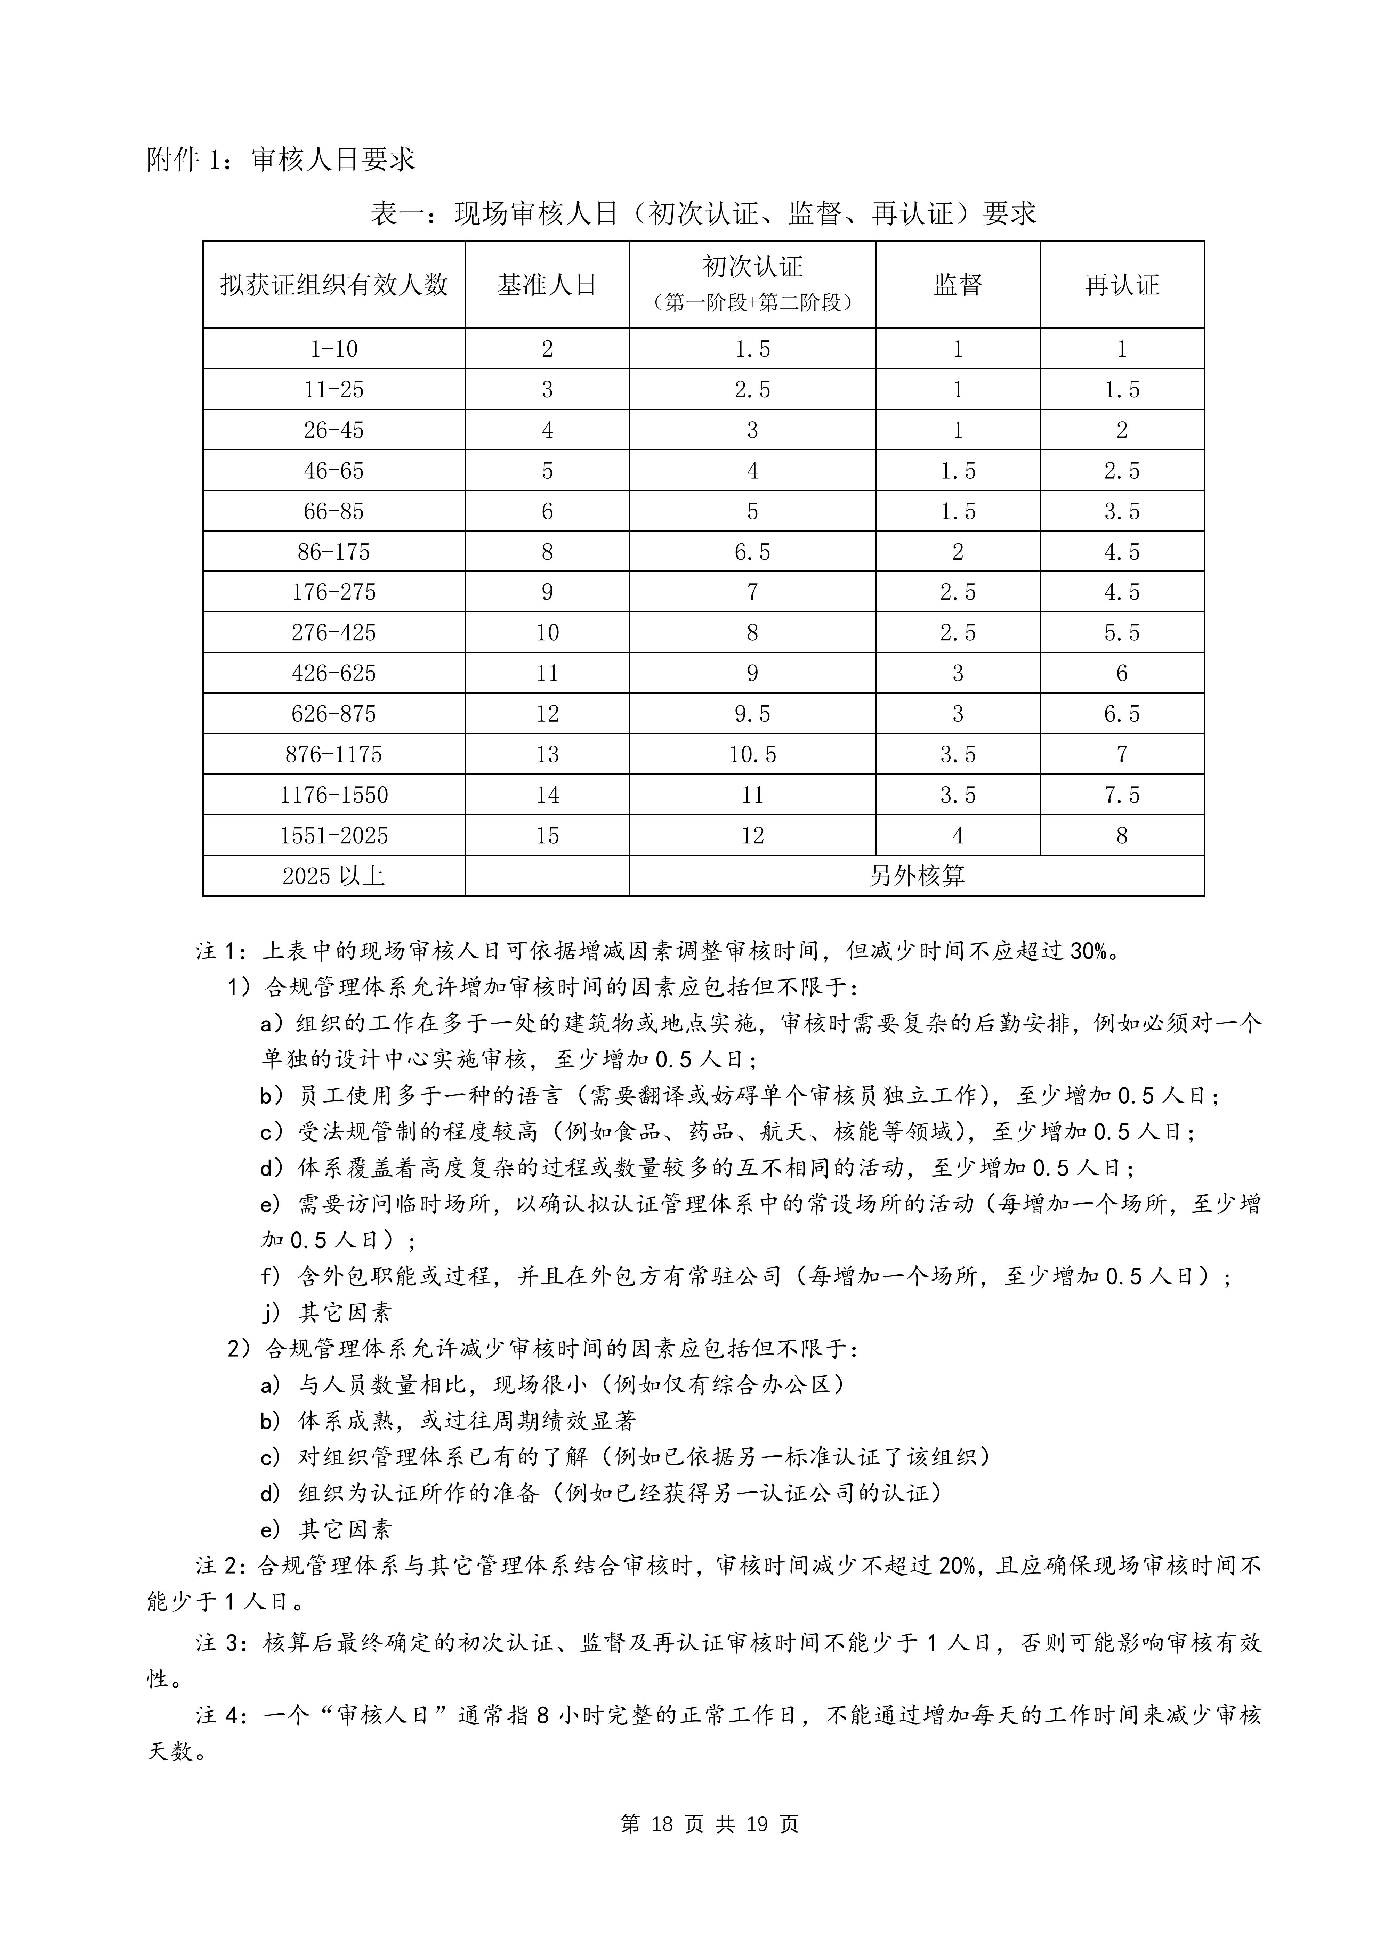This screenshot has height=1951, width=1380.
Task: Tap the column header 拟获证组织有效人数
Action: coord(334,285)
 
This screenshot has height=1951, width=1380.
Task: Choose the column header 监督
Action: coord(958,285)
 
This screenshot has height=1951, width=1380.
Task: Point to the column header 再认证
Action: coord(1122,285)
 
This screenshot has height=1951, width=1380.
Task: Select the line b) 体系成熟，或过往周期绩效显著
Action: coord(449,1421)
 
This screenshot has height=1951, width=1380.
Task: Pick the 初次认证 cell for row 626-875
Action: coord(752,714)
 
